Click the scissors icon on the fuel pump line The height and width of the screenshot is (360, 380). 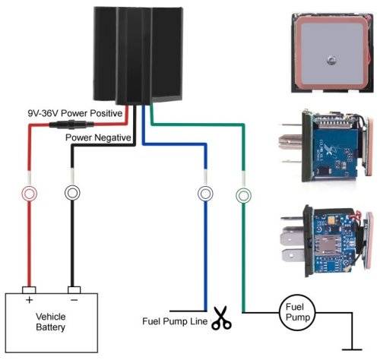[221, 318]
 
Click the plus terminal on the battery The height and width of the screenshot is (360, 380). [30, 290]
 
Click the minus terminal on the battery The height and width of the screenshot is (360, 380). [73, 290]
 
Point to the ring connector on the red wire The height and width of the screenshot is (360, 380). [30, 194]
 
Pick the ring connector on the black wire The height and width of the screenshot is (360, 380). [73, 194]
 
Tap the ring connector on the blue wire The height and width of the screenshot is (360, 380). [204, 194]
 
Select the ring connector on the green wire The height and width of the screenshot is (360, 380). [242, 194]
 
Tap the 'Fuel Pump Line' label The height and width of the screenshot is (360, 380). [174, 320]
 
